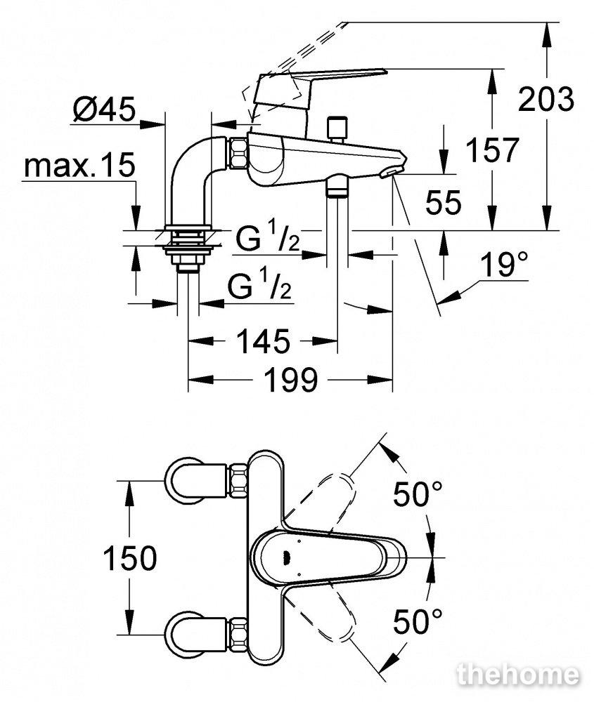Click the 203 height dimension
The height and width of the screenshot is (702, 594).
[x=545, y=100]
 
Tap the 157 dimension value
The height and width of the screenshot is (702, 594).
[x=492, y=150]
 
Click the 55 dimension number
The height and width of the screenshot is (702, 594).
[x=443, y=202]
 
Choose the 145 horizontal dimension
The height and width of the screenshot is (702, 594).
[x=263, y=341]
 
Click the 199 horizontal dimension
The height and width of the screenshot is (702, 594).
[x=290, y=380]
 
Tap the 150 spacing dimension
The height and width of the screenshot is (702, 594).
[x=130, y=558]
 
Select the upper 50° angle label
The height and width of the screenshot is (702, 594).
[x=418, y=494]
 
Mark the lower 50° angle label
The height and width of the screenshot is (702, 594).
[x=418, y=621]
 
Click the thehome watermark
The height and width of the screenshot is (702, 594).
[x=517, y=675]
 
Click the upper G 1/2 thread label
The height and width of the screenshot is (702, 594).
[x=268, y=239]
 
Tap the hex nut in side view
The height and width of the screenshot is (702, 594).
[x=238, y=154]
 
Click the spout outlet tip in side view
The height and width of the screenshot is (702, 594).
[x=391, y=172]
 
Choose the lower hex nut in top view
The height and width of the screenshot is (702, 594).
[x=238, y=635]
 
